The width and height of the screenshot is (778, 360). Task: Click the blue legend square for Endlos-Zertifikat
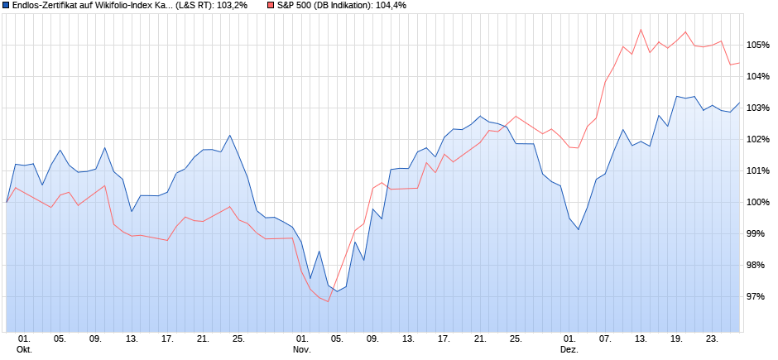point(6,6)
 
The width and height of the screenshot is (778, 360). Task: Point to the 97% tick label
point(757,296)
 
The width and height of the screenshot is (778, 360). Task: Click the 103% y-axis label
point(757,108)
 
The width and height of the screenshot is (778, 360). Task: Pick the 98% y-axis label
point(757,265)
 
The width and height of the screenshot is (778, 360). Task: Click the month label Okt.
point(24,349)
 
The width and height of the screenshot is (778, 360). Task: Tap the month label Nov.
point(301,349)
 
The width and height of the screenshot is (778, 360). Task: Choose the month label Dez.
point(569,349)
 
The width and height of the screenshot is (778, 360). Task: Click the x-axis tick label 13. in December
point(641,338)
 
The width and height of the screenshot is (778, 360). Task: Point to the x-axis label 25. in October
point(238,338)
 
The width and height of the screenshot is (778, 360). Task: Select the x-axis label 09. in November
point(372,338)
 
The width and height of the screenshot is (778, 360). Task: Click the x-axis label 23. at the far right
point(712,338)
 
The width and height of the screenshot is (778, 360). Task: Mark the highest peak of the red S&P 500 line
point(641,30)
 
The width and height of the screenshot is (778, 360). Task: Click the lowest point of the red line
point(328,301)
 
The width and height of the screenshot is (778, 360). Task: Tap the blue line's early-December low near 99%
point(579,229)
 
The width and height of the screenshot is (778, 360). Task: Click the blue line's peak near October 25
point(229,135)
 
